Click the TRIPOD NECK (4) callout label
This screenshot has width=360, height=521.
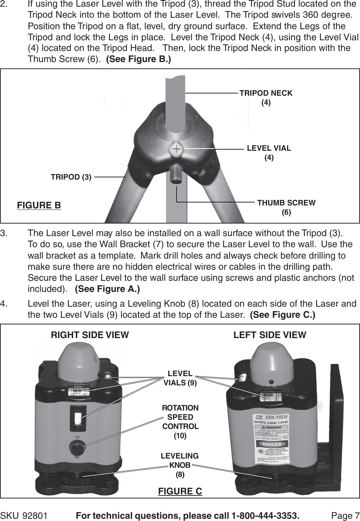tap(266, 98)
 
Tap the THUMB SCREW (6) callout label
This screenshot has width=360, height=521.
tap(286, 207)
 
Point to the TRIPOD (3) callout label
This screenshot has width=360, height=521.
tap(71, 177)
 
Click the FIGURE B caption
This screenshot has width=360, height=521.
tap(39, 205)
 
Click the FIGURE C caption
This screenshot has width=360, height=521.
tap(180, 491)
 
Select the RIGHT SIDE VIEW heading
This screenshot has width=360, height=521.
tap(90, 335)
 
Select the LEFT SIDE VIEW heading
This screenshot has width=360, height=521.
tap(270, 335)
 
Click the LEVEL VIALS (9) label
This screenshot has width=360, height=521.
tap(180, 378)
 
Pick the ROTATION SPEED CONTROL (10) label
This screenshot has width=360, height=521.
tap(180, 422)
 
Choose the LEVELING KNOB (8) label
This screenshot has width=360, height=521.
tap(180, 465)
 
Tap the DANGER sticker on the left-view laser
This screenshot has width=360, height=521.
tap(272, 444)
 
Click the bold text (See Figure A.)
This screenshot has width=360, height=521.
tap(107, 289)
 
